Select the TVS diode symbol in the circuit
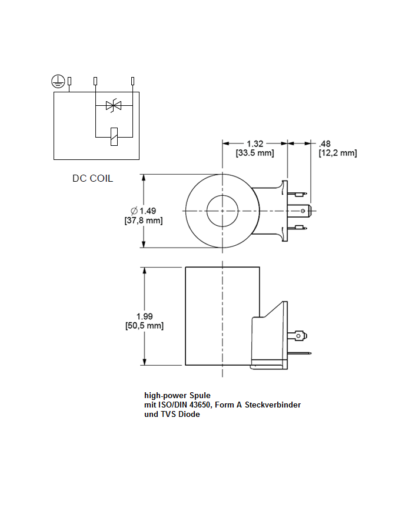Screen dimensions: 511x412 (113, 106)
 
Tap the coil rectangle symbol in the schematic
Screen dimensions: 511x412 (114, 136)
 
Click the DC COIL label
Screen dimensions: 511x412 (92, 178)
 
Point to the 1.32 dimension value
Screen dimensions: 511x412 (255, 143)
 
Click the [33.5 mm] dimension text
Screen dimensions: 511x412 (255, 153)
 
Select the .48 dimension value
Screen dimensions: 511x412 (324, 143)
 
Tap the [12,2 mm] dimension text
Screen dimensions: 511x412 (337, 153)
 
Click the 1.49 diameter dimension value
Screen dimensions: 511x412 (147, 211)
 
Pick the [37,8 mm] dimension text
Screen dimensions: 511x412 (143, 221)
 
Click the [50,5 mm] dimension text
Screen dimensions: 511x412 (144, 326)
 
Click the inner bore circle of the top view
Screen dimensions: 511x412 (222, 211)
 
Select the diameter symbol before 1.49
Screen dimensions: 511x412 (134, 211)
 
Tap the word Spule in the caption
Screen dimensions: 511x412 (199, 395)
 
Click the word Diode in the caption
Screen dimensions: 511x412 (188, 414)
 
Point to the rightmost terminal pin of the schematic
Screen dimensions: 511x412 (132, 81)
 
